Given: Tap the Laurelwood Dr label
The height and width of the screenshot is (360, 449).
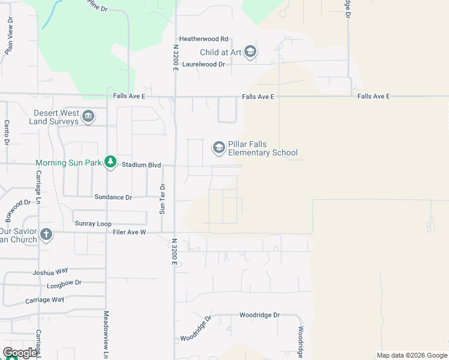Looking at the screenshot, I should coord(204,64).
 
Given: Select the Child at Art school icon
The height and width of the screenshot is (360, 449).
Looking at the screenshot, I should coord(250,52).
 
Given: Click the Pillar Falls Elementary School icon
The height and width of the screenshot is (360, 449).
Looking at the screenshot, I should coord(218,147).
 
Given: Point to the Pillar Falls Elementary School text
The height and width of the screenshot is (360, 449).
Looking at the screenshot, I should coord(263,148).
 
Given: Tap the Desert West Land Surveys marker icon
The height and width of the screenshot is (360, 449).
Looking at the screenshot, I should coord(88,116).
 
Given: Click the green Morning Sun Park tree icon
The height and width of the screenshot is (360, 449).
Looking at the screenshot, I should coord(110,163).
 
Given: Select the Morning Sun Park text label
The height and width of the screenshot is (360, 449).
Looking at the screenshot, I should coord(68,163).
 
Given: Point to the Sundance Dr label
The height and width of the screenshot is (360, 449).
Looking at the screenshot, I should coord(113,197).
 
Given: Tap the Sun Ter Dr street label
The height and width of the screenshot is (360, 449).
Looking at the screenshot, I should coord(162,199).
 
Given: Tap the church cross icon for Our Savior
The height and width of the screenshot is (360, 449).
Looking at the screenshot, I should coord(46,234).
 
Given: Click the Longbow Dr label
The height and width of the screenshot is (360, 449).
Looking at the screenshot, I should coord(64,282).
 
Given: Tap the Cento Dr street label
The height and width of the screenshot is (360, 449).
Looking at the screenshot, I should coord(7,132).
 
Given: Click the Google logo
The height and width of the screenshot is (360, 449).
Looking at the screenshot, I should coord(19,353).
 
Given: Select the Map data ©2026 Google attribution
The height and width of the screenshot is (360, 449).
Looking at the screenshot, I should coord(411,355).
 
